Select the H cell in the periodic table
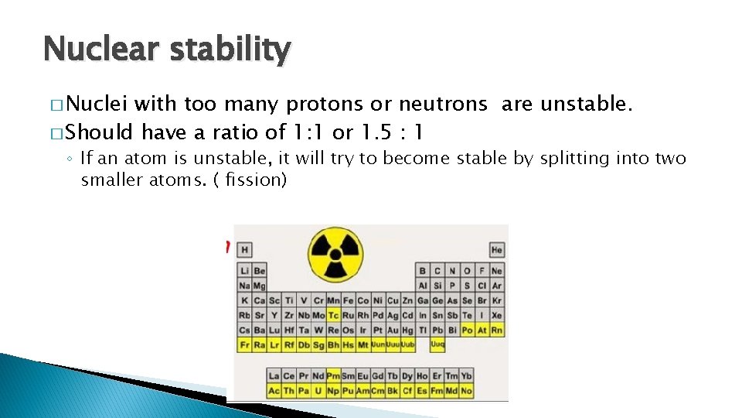click(x=245, y=250)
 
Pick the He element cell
click(x=496, y=250)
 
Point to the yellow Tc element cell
click(x=333, y=316)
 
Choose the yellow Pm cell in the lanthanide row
click(x=333, y=376)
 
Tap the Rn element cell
click(x=496, y=331)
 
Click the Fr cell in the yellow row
click(x=245, y=345)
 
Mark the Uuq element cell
click(x=437, y=345)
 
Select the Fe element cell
click(x=348, y=300)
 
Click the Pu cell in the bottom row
click(x=348, y=391)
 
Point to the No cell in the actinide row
click(x=466, y=391)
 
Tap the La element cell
click(x=274, y=376)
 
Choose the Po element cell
click(x=467, y=331)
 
